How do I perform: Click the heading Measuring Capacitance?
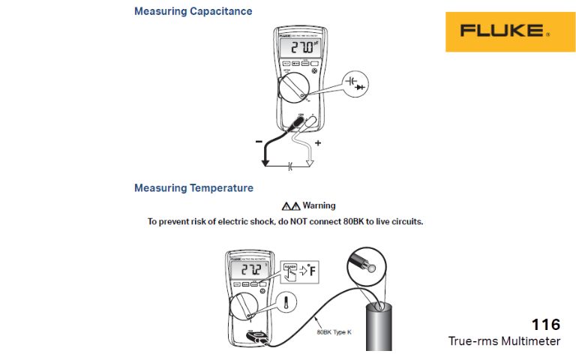[193, 11]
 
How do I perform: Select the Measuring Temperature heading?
[193, 187]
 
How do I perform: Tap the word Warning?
[319, 205]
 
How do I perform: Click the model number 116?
[546, 325]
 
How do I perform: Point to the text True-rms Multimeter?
[504, 341]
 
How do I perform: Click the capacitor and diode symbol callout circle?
[360, 83]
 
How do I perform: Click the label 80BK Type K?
[334, 331]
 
